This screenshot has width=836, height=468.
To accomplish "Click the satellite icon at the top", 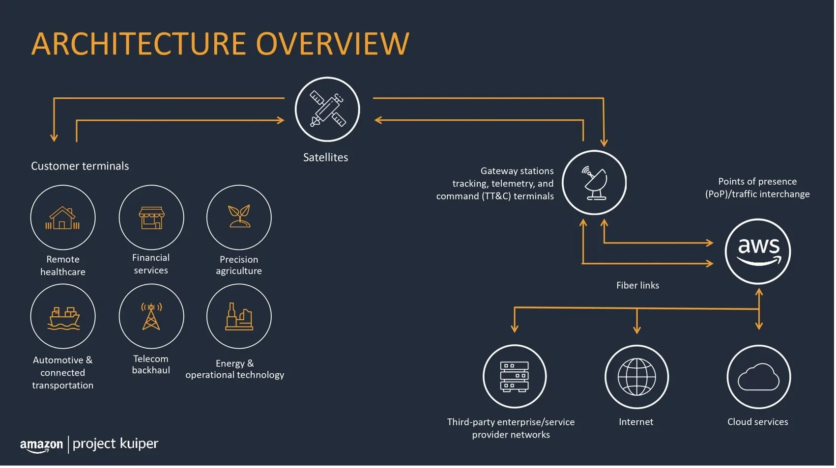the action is [328, 109].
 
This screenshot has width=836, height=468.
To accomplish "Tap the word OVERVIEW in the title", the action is [333, 44].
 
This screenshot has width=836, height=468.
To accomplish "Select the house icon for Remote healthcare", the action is [63, 218].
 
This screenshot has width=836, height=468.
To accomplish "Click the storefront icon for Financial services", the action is [151, 218].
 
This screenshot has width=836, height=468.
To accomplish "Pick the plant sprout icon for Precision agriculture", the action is [239, 216].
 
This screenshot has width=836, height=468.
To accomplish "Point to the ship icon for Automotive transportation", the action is [63, 318].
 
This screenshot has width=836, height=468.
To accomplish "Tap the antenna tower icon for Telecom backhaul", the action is [151, 317].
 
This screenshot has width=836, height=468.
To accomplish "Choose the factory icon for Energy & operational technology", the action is [239, 316].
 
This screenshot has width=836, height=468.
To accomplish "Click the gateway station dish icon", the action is [595, 183].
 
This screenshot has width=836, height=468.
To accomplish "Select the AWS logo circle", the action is [758, 252].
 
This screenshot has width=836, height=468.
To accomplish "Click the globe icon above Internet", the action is [636, 377].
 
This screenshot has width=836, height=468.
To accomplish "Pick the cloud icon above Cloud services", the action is [759, 377].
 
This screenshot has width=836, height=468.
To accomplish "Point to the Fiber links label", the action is [637, 286].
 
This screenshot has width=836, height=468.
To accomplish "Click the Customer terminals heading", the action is [80, 166].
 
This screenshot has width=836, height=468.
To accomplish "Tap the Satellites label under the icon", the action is [325, 158].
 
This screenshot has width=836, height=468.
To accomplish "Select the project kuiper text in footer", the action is [115, 444].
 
